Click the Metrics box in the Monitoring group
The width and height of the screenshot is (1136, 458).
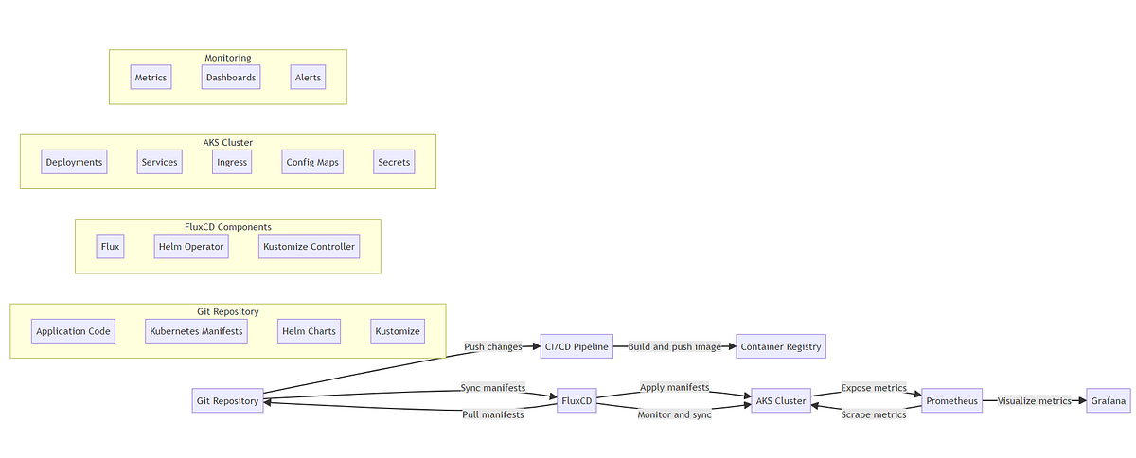[x=151, y=78]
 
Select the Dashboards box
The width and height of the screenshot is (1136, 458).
[x=231, y=78]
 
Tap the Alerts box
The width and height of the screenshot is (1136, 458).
[x=308, y=78]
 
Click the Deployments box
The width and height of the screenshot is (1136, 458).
[x=74, y=162]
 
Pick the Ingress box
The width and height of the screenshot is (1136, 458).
[x=232, y=162]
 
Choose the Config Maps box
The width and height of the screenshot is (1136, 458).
[x=312, y=162]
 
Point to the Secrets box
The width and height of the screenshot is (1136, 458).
[x=394, y=162]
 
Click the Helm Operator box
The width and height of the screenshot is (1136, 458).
[x=191, y=247]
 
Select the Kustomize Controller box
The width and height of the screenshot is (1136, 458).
[x=310, y=247]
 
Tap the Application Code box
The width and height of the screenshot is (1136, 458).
[x=73, y=331]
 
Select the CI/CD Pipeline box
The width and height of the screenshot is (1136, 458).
[x=577, y=347]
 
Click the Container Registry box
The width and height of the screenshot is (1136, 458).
[x=781, y=347]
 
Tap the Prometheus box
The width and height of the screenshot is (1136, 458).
[x=951, y=401]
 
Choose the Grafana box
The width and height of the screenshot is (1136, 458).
[x=1109, y=401]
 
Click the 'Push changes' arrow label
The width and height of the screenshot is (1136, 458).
[x=492, y=347]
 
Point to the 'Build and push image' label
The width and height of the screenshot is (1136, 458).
[x=675, y=347]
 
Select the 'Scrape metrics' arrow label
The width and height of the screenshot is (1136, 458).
[x=874, y=415]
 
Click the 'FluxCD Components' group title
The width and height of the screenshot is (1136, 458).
[x=228, y=227]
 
